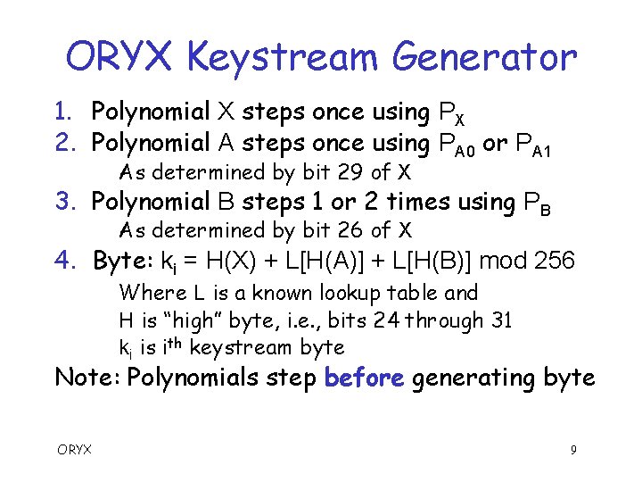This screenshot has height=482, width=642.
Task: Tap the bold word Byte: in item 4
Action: coord(124,261)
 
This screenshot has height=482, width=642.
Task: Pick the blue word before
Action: coord(365,377)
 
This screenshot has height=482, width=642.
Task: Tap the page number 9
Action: coord(574,450)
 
